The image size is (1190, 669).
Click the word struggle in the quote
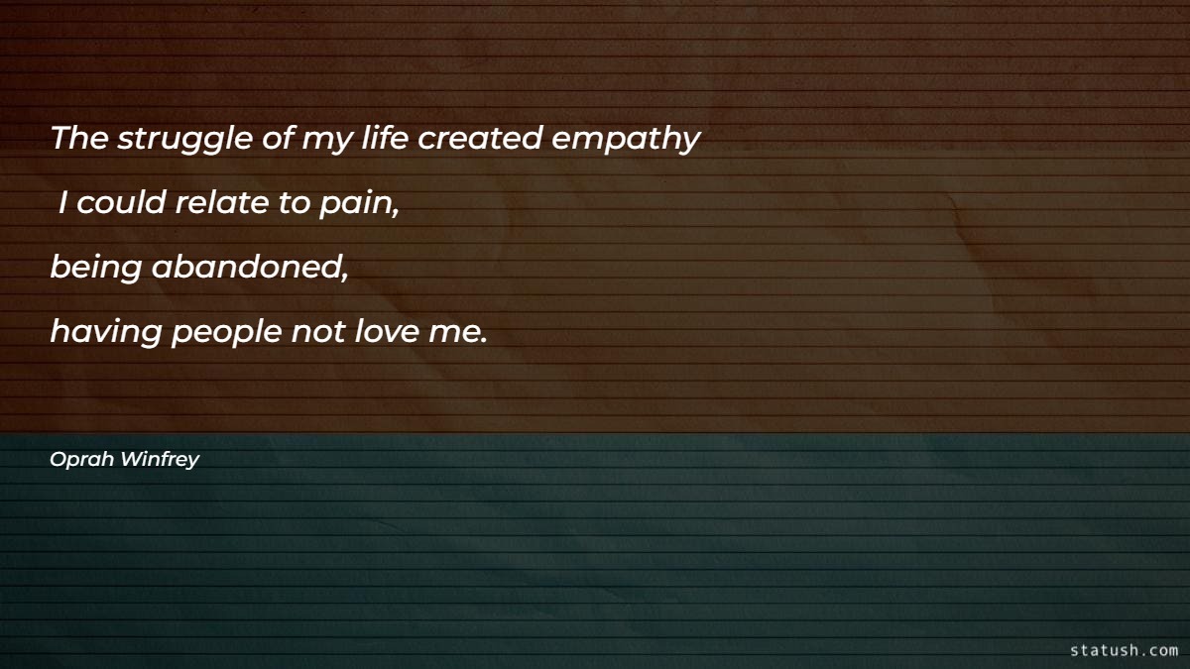pos(185,141)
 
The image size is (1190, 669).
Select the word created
pos(480,139)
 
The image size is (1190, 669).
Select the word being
pos(95,270)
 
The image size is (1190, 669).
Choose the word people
pos(227,334)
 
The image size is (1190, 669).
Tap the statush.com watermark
pos(1124,650)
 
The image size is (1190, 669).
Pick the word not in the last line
pos(316,332)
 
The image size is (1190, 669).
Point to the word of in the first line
pos(277,139)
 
